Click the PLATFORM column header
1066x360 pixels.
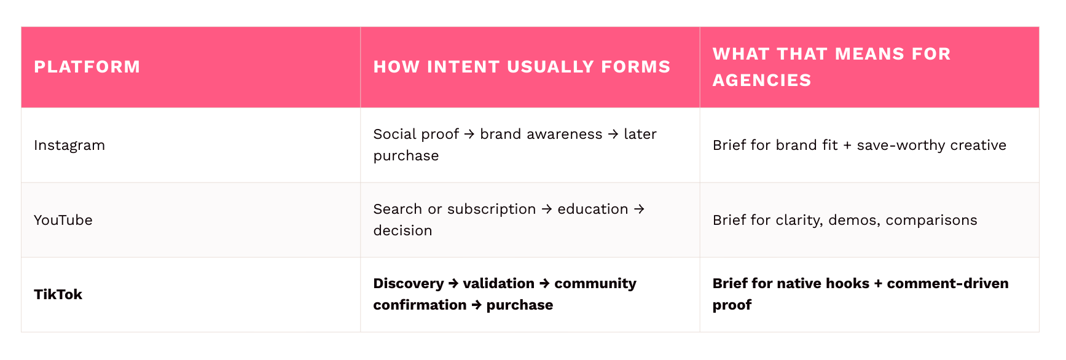(x=87, y=67)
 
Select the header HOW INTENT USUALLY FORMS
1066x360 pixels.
(x=522, y=67)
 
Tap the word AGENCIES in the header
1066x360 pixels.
(x=762, y=80)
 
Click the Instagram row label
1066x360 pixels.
(x=69, y=146)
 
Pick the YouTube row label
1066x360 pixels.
(x=63, y=220)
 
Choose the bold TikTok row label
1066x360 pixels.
(x=58, y=295)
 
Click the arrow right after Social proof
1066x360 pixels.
(x=469, y=134)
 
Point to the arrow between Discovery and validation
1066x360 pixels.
(x=453, y=284)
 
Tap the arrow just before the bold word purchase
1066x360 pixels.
(x=477, y=305)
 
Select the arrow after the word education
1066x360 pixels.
(x=639, y=209)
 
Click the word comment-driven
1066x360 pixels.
(x=948, y=284)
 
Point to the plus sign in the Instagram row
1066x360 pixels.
(x=847, y=146)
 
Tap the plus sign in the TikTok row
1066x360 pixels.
(x=878, y=284)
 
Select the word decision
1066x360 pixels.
(x=403, y=230)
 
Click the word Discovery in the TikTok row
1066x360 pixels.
(x=409, y=284)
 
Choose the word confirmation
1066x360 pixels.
(x=420, y=305)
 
